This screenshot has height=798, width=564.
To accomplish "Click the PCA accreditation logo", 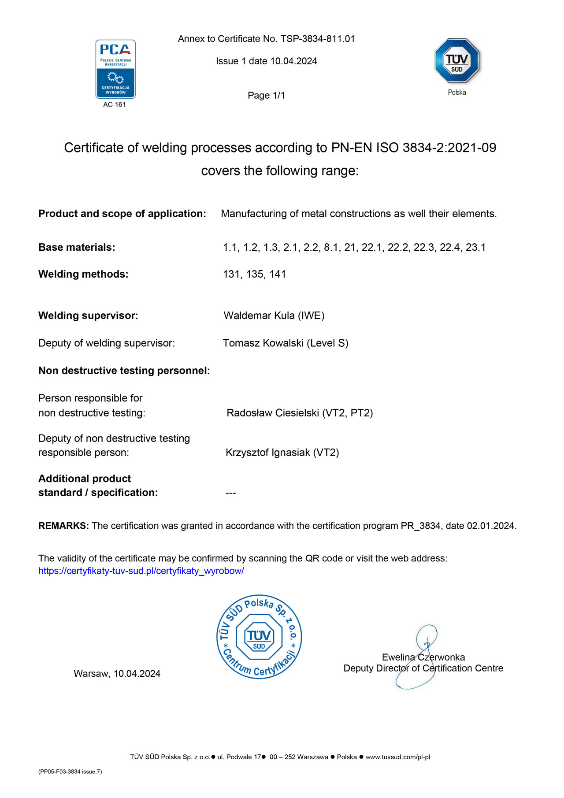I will coord(115,69).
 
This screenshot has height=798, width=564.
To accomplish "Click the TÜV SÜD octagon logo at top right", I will coord(457,61).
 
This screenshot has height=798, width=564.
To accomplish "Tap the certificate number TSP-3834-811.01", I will coord(318,39).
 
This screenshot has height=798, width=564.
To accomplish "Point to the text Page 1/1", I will coord(266,96).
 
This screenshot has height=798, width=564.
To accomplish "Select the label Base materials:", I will coord(77,248).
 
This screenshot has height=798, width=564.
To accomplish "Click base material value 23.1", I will coord(475,248).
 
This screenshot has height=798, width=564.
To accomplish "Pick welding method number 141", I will coord(278,275).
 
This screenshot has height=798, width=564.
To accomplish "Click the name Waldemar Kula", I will coord(259,316).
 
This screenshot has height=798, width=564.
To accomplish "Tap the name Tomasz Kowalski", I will coord(263,343).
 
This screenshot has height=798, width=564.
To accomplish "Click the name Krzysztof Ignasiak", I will coord(268,453).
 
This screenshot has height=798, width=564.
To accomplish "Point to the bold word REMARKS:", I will coord(63,526).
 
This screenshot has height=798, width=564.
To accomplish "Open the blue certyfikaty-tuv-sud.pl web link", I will coord(141,571).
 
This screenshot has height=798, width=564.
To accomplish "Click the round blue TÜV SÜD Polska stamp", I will coord(259,637).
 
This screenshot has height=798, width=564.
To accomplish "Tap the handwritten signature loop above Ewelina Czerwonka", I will coord(426,636).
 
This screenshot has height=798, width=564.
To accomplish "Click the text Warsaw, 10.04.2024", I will coord(117,674).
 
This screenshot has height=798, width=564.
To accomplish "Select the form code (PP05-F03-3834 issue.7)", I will coord(70,772).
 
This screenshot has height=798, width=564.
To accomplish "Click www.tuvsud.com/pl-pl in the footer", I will coord(397,757).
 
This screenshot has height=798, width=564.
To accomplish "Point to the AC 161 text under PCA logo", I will coord(115,105).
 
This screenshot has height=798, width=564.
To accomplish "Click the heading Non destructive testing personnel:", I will coord(124,371).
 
